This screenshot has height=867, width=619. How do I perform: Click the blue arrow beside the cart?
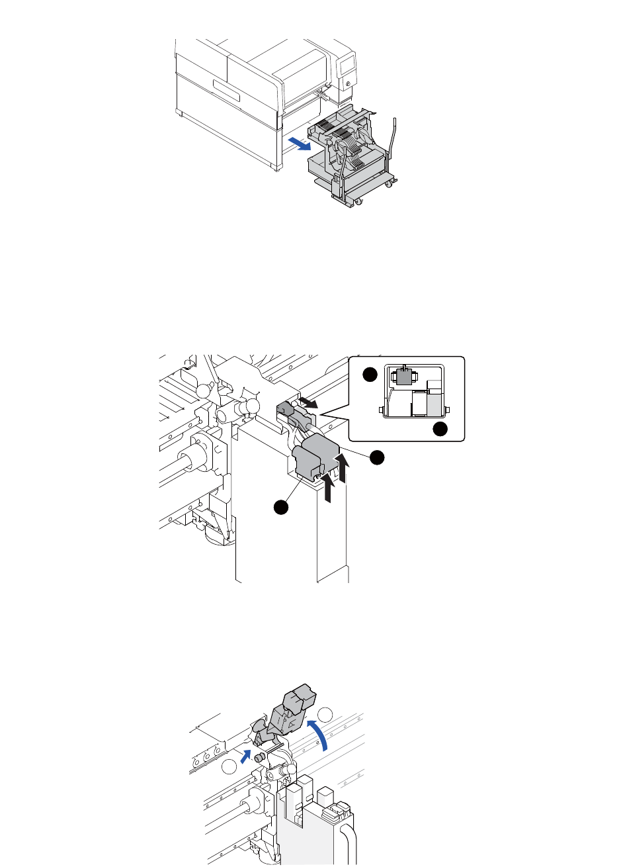[298, 142]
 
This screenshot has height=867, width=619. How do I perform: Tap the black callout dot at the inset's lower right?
[440, 430]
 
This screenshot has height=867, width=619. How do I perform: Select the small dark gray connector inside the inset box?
[403, 377]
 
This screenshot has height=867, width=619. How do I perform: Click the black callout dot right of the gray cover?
[377, 457]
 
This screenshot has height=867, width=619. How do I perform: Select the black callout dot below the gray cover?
[282, 508]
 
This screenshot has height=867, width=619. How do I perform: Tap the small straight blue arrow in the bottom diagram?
[245, 756]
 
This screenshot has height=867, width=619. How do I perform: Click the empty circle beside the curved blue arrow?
[325, 715]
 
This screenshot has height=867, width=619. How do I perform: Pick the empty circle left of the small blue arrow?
[229, 767]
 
